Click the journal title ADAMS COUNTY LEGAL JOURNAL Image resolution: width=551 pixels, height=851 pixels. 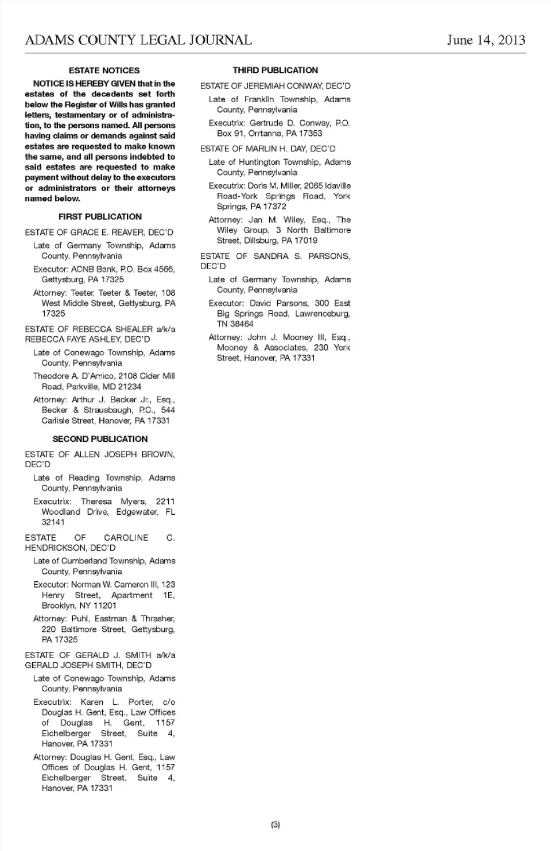click(138, 40)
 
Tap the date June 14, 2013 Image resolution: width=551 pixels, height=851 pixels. click(486, 40)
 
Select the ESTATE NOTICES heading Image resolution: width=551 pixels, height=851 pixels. click(104, 71)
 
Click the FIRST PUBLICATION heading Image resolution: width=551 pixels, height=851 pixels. click(100, 217)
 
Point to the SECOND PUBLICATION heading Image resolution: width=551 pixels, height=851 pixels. click(100, 439)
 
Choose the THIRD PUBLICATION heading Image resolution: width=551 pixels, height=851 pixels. click(275, 71)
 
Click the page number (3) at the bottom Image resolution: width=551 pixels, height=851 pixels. click(275, 825)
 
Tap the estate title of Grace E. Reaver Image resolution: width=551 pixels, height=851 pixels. click(99, 232)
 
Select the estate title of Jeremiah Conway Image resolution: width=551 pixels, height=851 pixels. click(275, 86)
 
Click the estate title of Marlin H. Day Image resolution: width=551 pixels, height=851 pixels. click(267, 149)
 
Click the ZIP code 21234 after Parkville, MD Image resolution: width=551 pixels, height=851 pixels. click(129, 387)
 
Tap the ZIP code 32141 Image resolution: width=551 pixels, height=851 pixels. click(53, 522)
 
